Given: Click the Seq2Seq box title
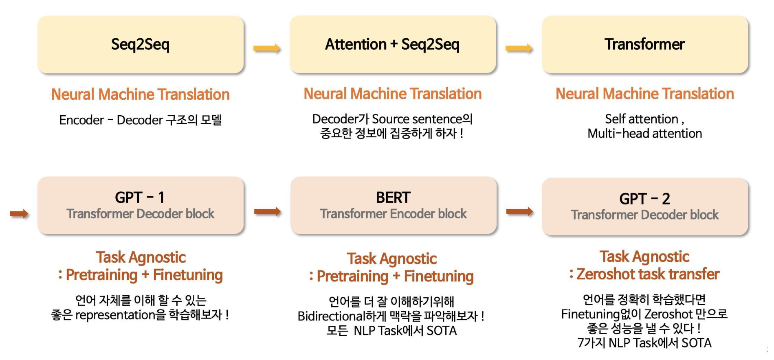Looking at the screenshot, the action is click(140, 44).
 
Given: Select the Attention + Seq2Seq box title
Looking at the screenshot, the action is click(392, 44).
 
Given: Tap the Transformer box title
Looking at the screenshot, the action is click(644, 44).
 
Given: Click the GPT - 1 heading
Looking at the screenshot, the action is click(140, 198).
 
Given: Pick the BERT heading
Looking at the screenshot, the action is click(393, 198).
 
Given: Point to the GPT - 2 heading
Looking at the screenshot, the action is click(644, 199).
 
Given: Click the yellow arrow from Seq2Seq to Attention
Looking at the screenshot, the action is click(267, 48).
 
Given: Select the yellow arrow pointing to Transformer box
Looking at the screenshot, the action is click(519, 48).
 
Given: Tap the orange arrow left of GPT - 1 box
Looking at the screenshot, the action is click(19, 213).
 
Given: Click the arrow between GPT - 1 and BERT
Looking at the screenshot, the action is click(267, 211).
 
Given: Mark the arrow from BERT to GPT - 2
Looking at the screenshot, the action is click(519, 211).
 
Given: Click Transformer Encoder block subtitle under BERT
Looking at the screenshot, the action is click(393, 214).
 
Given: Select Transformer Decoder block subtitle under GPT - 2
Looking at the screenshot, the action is click(644, 215).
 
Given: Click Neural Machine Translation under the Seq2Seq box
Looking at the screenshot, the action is click(141, 94).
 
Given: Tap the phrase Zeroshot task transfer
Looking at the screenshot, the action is click(648, 274).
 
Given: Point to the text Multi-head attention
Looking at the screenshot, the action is click(644, 134).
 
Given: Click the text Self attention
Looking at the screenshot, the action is click(642, 119).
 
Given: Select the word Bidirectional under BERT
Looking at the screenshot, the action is click(331, 316).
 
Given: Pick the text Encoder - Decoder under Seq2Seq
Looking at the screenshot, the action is click(111, 120).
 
